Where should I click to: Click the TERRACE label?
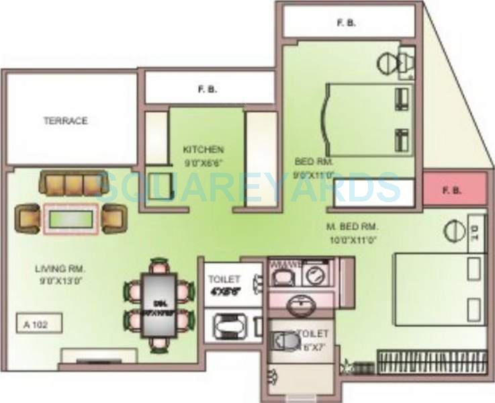(66, 121)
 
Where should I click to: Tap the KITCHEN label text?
(204, 149)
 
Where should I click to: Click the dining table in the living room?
(159, 304)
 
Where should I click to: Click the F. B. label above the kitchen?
(206, 88)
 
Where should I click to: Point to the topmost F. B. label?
(346, 23)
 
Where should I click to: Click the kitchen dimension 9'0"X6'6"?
(204, 161)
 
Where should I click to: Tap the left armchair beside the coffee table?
(29, 218)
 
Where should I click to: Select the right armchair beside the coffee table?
(113, 218)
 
